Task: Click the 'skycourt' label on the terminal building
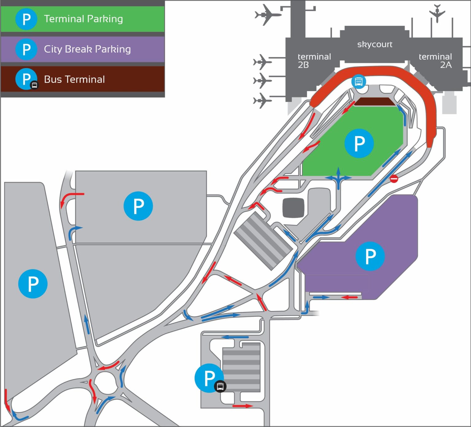coord(374,44)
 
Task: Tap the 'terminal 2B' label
coord(314,60)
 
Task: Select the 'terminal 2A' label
coord(435,60)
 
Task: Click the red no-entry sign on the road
coord(394,179)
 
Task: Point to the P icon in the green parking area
coord(359,143)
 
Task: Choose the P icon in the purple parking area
coord(370,256)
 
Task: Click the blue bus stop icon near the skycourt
coord(358,81)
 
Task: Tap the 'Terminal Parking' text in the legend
coord(83,19)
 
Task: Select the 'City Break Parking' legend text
coord(87,49)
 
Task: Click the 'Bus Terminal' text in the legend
coord(75,79)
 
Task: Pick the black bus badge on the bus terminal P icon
coord(220,386)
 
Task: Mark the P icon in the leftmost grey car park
coord(33,284)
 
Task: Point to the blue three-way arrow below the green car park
coord(338,178)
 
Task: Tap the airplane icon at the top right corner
coord(437,13)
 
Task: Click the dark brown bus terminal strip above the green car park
coord(374,102)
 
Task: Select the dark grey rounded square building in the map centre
coord(293,208)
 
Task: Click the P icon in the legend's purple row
coord(26,49)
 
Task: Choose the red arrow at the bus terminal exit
coord(243,406)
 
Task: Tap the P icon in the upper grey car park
coord(138,206)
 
